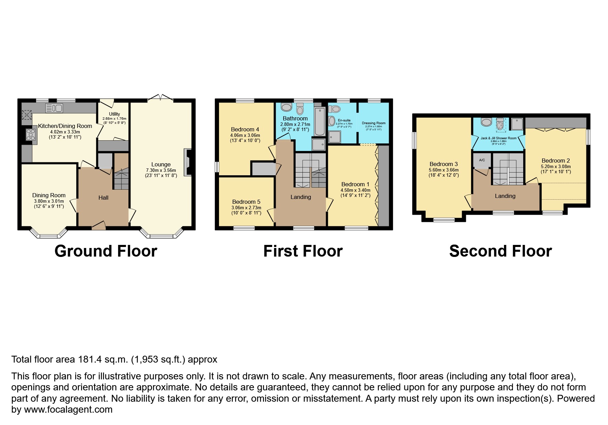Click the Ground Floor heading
(106, 251)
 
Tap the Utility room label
(114, 114)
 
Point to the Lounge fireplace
(188, 162)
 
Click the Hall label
(103, 198)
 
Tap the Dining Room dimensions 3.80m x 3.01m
(49, 201)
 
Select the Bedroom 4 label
(245, 129)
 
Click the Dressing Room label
(374, 123)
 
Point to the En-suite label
(344, 120)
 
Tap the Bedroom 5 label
(246, 202)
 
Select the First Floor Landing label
(300, 197)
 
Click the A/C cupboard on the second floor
(482, 160)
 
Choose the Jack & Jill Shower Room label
(498, 138)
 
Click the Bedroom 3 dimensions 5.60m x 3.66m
(444, 170)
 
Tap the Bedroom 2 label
(555, 161)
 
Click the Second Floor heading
(500, 251)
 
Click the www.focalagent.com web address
(68, 410)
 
